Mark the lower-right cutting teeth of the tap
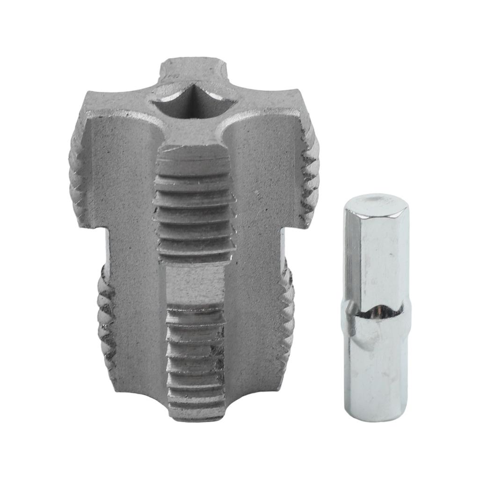pos(287,318)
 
